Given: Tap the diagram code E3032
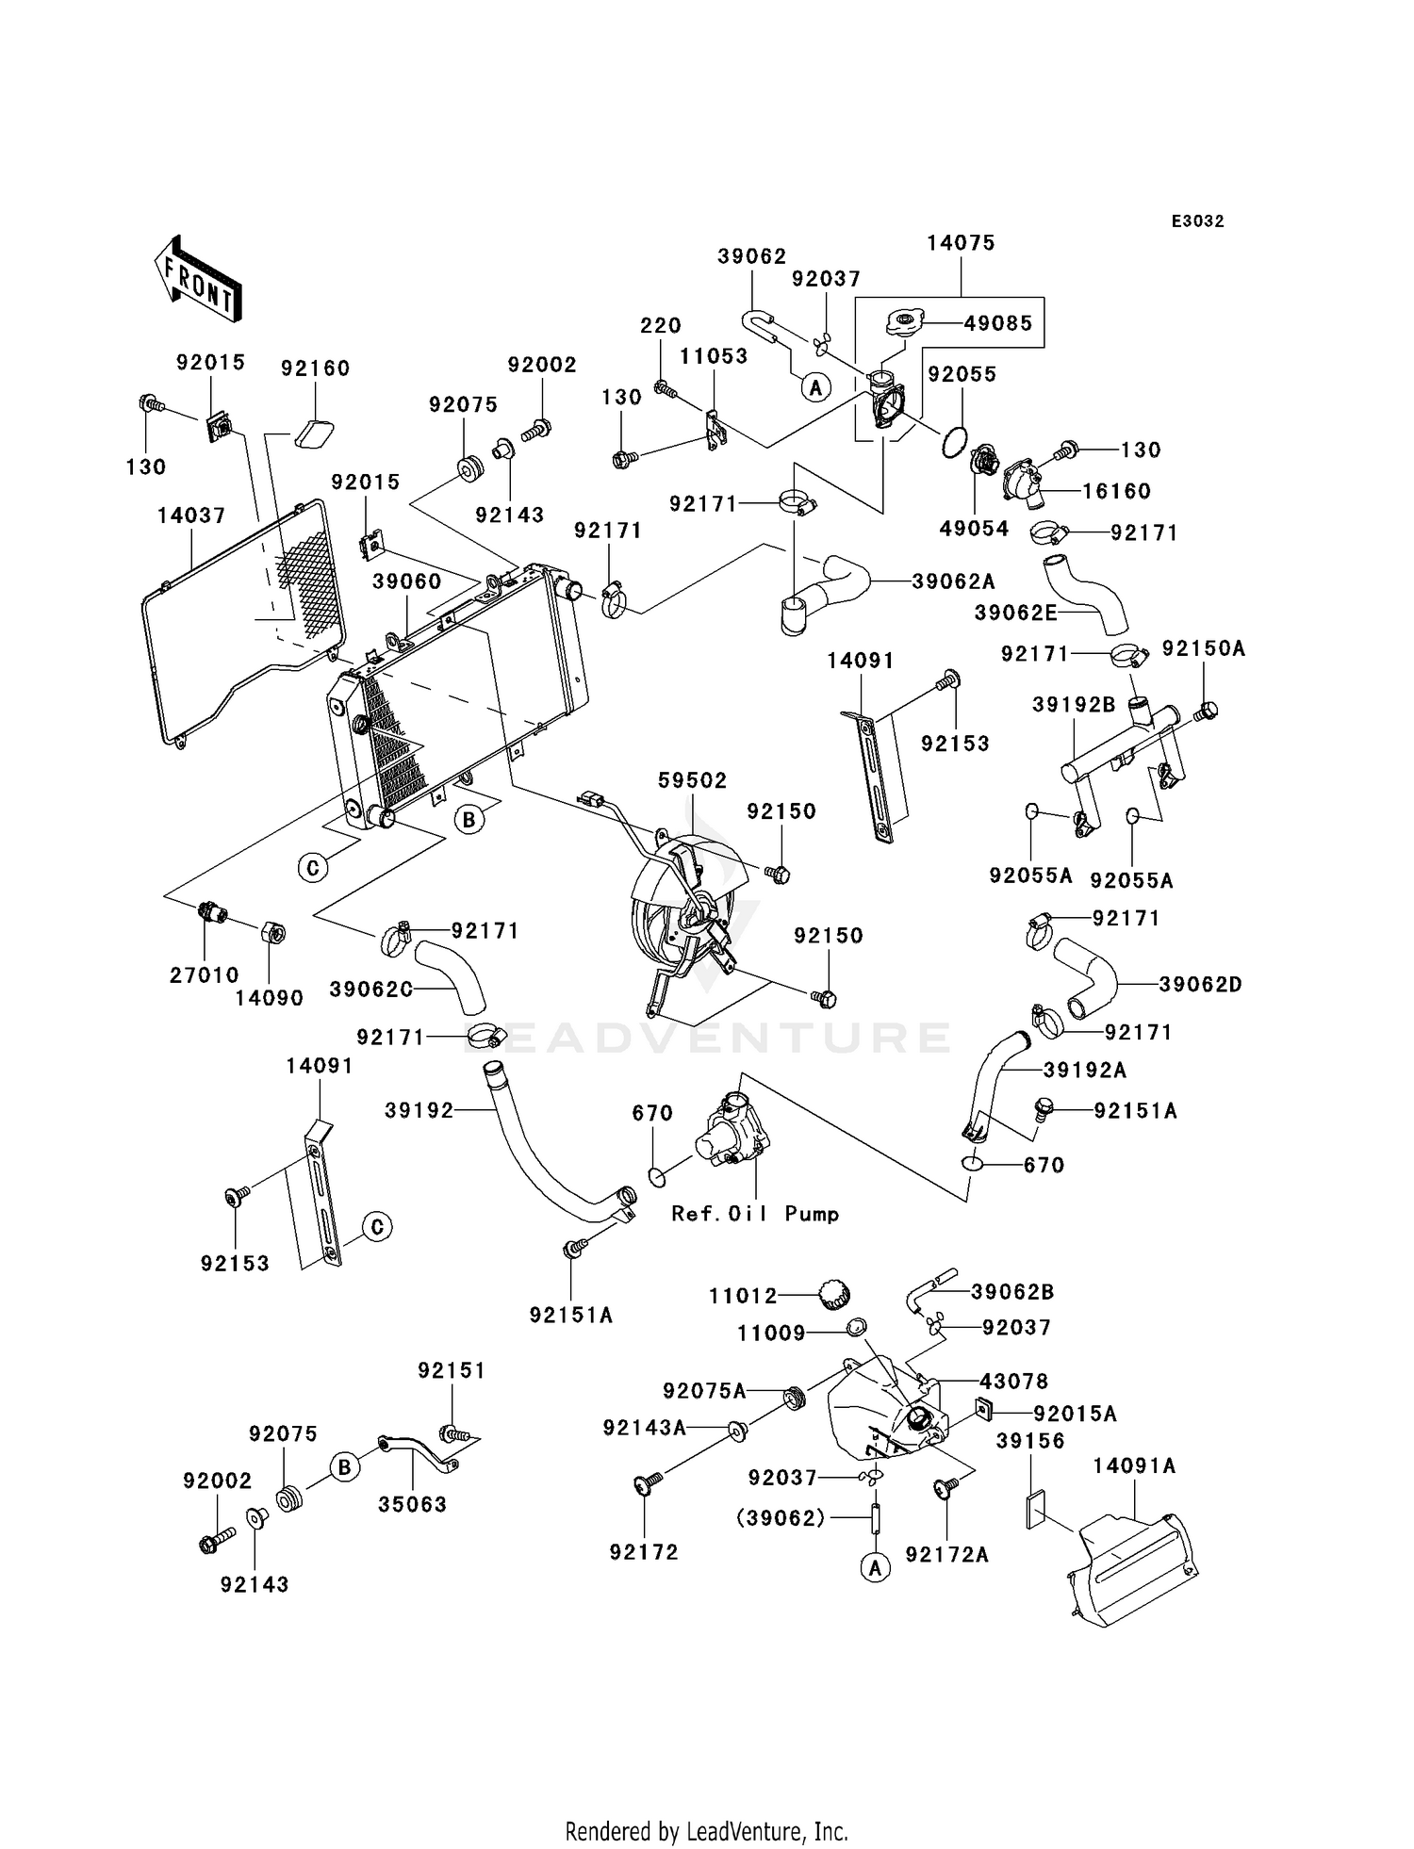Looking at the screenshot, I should (x=1197, y=221).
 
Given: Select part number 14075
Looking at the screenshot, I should (x=961, y=243).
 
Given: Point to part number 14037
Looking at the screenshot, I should (x=191, y=516).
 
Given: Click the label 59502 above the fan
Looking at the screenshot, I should (x=693, y=781).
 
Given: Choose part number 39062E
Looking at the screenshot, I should (x=1015, y=613).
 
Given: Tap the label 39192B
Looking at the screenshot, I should (x=1074, y=705).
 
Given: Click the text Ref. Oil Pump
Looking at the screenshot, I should (x=755, y=1214).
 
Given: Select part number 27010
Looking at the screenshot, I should (x=205, y=975).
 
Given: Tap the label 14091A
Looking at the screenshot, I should (x=1135, y=1466).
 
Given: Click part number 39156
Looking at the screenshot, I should (x=1030, y=1441).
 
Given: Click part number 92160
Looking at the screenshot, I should (x=315, y=368).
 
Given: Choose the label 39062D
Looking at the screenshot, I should (x=1200, y=985).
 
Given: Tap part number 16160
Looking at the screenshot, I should (x=1116, y=491).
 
